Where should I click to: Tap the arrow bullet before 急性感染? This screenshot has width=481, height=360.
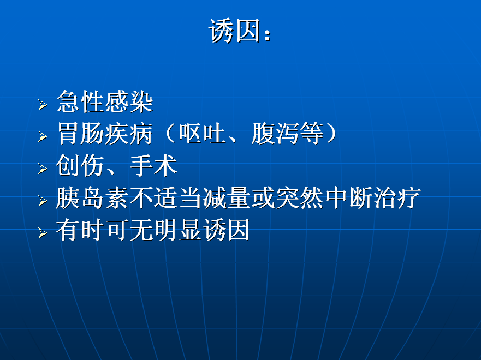tap(43, 105)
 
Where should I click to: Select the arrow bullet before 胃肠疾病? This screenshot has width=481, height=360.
tap(43, 137)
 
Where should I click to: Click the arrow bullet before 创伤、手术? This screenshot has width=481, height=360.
tap(43, 169)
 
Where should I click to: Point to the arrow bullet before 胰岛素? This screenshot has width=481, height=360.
tap(43, 201)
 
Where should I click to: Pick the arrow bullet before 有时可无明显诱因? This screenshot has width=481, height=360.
tap(43, 233)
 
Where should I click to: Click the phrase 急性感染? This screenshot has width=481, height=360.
tap(105, 101)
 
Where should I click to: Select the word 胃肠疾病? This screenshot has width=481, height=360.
tap(105, 134)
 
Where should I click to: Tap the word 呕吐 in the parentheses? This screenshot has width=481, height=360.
tap(203, 134)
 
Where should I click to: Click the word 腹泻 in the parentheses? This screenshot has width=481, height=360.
tap(276, 134)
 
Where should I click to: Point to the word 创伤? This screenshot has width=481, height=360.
tap(80, 165)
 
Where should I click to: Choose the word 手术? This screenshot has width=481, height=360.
tap(153, 165)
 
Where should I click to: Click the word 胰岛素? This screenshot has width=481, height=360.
tap(92, 198)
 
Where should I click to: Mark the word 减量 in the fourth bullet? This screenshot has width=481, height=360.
tap(227, 198)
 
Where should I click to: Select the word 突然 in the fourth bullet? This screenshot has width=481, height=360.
tap(300, 198)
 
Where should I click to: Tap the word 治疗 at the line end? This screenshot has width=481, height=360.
tap(397, 198)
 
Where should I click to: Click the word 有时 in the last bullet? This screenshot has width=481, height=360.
tap(80, 230)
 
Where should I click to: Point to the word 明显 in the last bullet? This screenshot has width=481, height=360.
tap(178, 230)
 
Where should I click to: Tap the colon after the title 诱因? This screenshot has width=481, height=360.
tap(268, 34)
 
